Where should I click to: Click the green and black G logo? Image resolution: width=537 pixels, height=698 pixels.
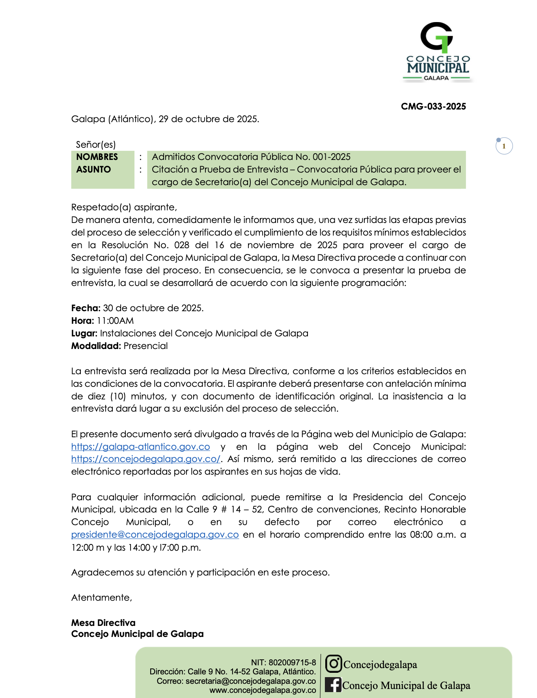(x=436, y=37)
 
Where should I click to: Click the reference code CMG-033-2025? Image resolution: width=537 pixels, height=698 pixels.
(x=433, y=106)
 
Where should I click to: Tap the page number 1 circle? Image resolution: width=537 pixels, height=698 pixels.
(x=504, y=146)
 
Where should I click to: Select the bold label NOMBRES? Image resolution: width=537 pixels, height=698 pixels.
(x=97, y=157)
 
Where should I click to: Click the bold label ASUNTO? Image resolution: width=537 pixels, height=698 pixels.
(x=93, y=169)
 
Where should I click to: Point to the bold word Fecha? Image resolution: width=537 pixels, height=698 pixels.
(x=86, y=308)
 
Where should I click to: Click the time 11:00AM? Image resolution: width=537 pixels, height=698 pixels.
(x=115, y=321)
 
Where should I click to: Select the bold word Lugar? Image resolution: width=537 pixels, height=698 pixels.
(x=84, y=333)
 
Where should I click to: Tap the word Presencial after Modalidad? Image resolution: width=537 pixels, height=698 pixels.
(x=145, y=346)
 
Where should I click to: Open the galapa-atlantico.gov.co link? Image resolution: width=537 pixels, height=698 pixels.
(x=140, y=447)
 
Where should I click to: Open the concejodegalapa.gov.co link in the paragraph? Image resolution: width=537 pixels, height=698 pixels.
(x=145, y=459)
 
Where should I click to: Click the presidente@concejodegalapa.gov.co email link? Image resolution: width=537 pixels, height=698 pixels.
(x=155, y=535)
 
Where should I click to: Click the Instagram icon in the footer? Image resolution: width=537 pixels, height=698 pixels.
(x=333, y=664)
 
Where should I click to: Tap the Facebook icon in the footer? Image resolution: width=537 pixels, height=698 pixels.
(x=333, y=685)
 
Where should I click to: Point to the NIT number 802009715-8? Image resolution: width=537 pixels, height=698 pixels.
(x=292, y=663)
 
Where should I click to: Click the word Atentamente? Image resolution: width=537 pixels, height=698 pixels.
(x=101, y=598)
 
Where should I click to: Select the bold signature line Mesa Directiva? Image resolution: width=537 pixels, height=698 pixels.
(x=103, y=623)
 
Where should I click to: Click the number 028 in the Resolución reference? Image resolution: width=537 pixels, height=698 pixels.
(x=182, y=245)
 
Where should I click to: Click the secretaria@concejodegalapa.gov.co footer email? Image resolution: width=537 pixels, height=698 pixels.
(x=251, y=681)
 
